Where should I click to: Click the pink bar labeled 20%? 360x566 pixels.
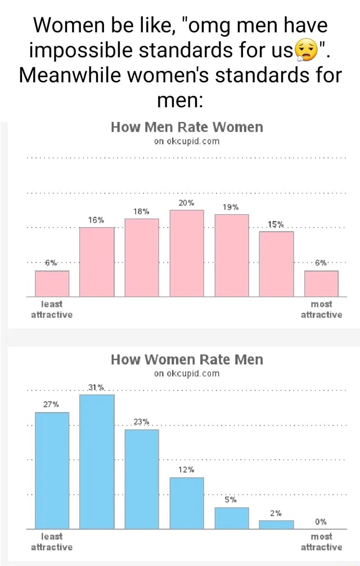[x=187, y=253]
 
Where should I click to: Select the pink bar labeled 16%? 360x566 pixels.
[x=97, y=262]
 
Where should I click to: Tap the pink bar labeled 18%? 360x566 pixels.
[x=142, y=257]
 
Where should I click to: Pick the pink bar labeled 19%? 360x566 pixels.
[x=232, y=255]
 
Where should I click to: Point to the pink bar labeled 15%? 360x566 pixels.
[x=276, y=264]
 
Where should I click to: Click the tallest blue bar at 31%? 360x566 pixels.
[x=97, y=461]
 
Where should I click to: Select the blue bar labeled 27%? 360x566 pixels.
[x=52, y=470]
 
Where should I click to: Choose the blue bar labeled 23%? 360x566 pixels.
[x=142, y=479]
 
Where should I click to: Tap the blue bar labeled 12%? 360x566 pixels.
[x=187, y=503]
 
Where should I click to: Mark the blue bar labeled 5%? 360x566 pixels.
[x=232, y=518]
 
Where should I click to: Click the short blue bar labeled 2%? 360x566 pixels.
[x=276, y=524]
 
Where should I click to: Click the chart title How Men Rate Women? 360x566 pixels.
[x=187, y=127]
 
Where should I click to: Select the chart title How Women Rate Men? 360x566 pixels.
[x=187, y=359]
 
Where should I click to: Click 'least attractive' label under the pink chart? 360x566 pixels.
[x=52, y=309]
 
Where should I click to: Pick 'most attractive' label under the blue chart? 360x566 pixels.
[x=321, y=541]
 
